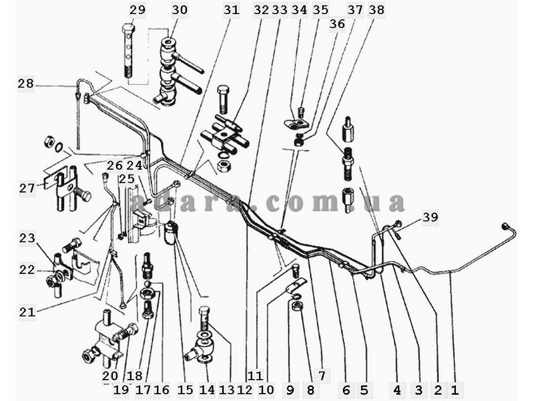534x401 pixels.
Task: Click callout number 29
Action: (x=138, y=9)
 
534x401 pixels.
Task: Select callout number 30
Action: (x=180, y=9)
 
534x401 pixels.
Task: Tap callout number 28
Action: (x=26, y=84)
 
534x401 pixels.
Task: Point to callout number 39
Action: (x=431, y=217)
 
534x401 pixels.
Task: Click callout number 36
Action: (x=337, y=24)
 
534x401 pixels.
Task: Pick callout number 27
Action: (x=27, y=188)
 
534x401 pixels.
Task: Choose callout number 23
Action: (x=27, y=238)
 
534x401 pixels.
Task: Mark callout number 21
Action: (x=27, y=311)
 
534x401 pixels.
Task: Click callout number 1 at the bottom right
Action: (x=455, y=390)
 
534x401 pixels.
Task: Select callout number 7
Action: (x=322, y=376)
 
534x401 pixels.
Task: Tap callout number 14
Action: (x=207, y=390)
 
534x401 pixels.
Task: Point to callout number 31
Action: (x=232, y=9)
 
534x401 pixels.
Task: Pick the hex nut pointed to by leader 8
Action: (x=295, y=305)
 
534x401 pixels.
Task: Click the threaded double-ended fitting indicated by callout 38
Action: (x=346, y=164)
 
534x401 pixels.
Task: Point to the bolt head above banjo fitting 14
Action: (x=204, y=311)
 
